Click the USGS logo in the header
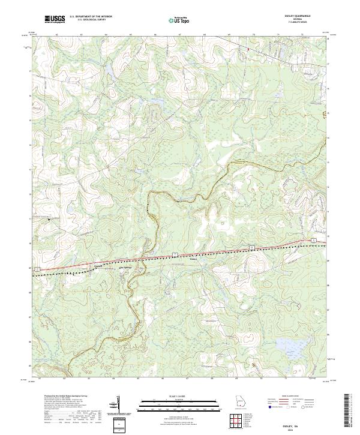[x=55, y=19]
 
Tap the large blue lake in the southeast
[x=289, y=344]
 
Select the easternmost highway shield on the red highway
[x=314, y=239]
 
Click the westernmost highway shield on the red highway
[x=37, y=268]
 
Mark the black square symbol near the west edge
[x=49, y=220]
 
